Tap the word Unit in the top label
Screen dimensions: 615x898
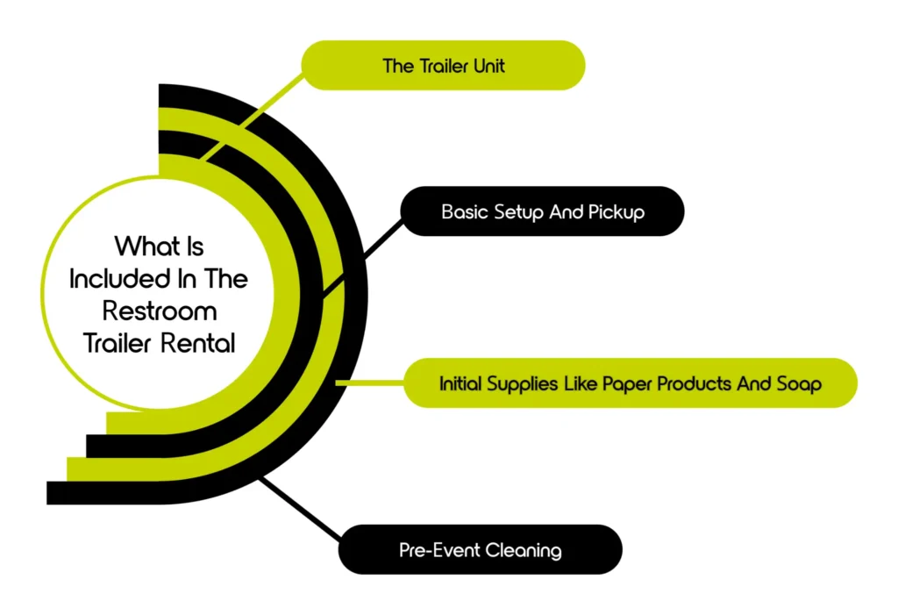click(x=488, y=66)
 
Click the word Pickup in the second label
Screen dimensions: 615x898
click(x=616, y=211)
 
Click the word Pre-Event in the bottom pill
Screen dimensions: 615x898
click(x=437, y=550)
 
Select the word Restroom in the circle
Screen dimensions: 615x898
click(x=159, y=311)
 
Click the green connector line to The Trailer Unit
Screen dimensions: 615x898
click(x=254, y=115)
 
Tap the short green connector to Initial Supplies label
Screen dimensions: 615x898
click(x=368, y=383)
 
